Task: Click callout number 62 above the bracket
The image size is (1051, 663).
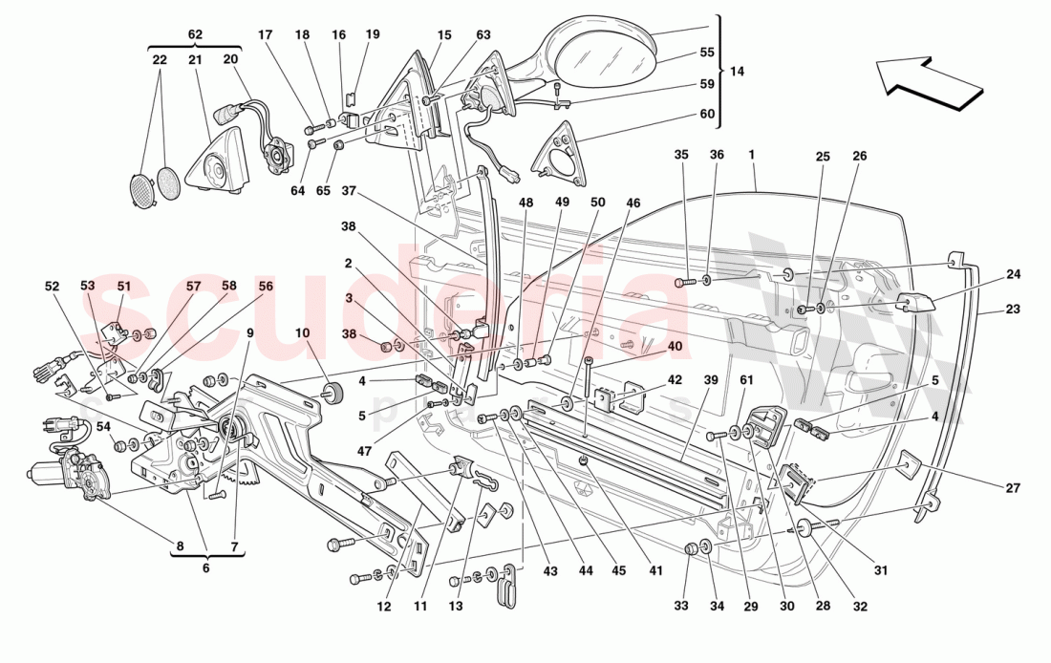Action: point(195,34)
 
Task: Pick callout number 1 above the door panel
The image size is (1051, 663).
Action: point(752,154)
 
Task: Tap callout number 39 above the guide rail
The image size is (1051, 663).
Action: point(711,379)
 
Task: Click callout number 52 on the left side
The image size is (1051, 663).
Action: point(51,286)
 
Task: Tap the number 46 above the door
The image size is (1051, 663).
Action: point(633,203)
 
